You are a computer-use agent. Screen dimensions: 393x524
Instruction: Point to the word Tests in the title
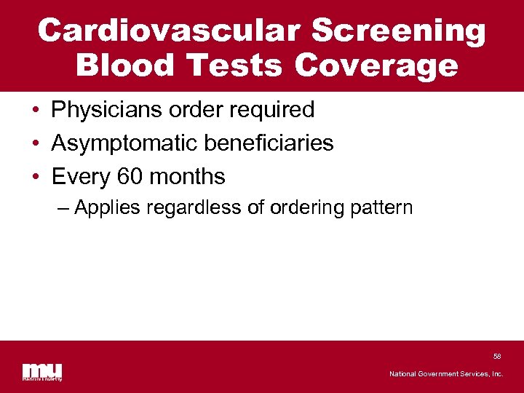238,65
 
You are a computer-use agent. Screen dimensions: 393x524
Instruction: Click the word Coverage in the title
377,65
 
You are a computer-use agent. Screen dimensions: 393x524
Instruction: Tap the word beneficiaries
269,143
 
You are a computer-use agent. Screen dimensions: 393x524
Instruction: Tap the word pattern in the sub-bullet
381,208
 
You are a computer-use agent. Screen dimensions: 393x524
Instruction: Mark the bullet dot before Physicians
35,111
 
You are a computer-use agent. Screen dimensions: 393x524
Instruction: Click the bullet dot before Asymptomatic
35,143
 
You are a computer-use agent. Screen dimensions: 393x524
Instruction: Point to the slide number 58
497,357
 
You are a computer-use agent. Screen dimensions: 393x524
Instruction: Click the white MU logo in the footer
41,371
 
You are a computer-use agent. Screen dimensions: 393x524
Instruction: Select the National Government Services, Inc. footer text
446,374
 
